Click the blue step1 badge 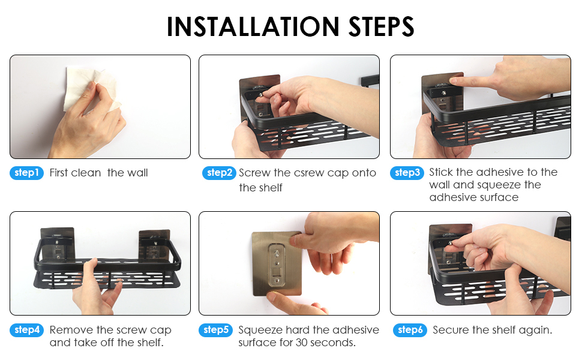[x=27, y=173]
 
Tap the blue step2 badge [x=219, y=173]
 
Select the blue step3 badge [x=407, y=173]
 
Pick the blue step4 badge [x=27, y=330]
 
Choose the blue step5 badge [x=215, y=330]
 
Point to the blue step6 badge [x=410, y=330]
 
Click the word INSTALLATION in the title [x=253, y=27]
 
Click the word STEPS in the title [x=382, y=27]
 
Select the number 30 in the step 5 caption [x=301, y=343]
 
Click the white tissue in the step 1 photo [x=92, y=89]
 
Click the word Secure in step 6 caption [x=451, y=330]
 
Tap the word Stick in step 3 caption [x=441, y=172]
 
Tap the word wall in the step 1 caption [x=138, y=173]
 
